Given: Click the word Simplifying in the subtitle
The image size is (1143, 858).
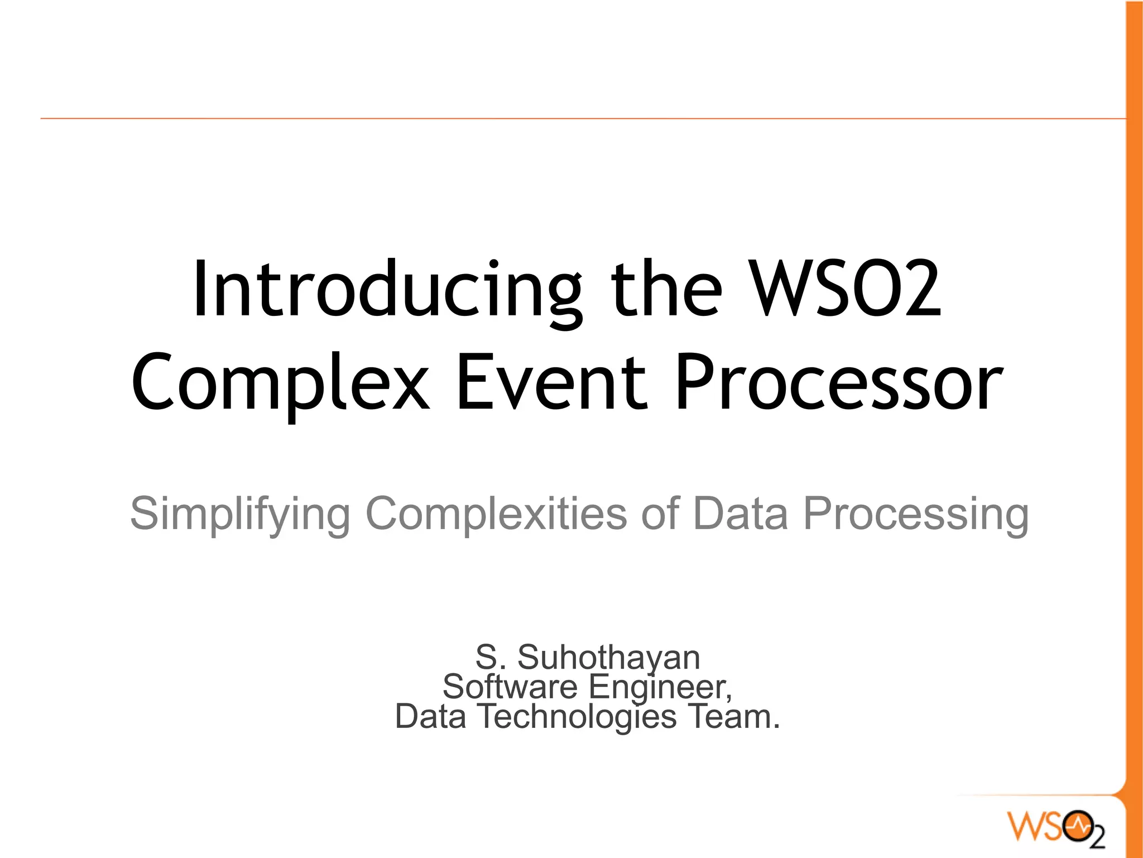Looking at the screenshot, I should point(240,514).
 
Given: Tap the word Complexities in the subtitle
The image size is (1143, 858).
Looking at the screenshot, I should point(497,513).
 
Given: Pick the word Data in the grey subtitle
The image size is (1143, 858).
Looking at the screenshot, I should point(740,513).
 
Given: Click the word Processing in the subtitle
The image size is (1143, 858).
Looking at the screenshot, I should point(916,514).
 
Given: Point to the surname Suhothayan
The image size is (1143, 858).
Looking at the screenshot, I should point(608,657).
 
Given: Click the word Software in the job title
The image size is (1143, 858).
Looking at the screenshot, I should point(510,686).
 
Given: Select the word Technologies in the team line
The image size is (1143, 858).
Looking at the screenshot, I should point(576,717).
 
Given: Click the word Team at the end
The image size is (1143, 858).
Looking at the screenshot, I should point(728,716).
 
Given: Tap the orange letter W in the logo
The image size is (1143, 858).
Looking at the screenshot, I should point(1025,826).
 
